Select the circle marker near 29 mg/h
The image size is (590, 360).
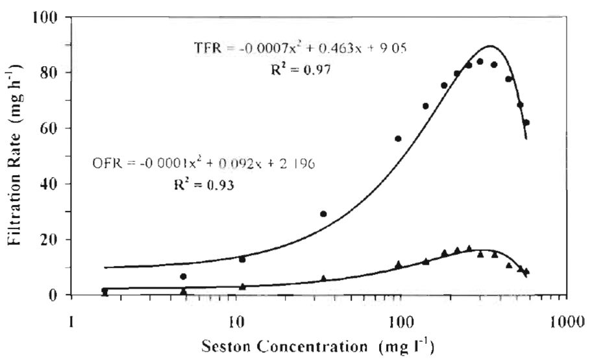click(323, 213)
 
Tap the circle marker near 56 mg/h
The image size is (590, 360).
click(398, 138)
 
